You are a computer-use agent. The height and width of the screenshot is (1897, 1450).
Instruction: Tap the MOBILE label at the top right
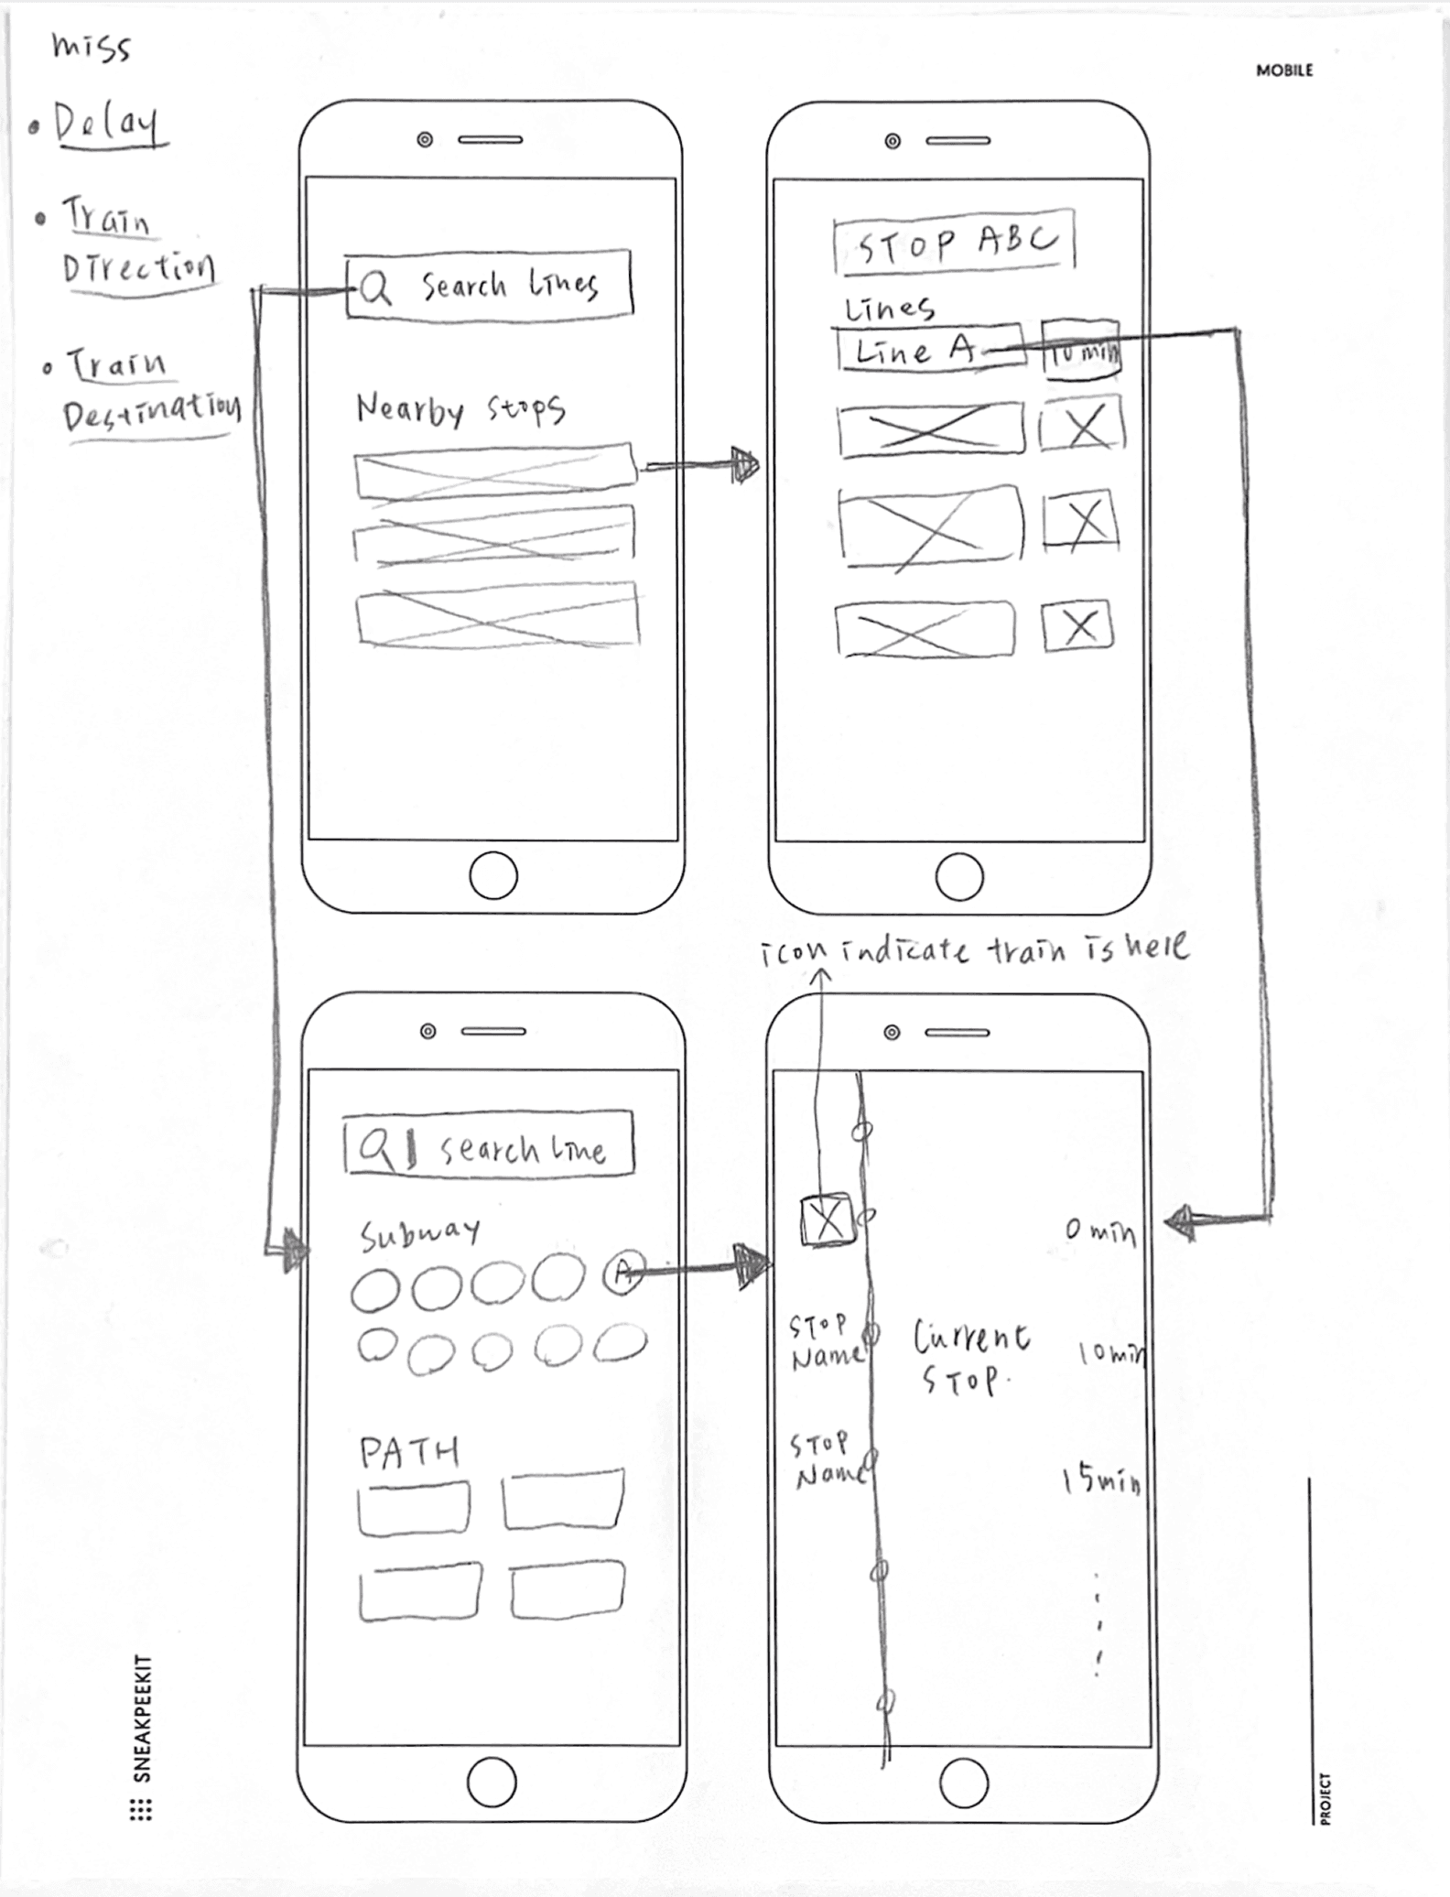click(x=1283, y=70)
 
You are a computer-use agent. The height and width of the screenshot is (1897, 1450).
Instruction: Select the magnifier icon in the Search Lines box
click(x=374, y=288)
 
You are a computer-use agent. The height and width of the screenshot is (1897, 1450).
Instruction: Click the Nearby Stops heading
click(x=460, y=409)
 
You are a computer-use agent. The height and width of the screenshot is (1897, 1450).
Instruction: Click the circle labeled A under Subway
click(x=623, y=1272)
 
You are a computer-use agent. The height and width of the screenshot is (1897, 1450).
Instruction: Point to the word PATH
click(x=408, y=1452)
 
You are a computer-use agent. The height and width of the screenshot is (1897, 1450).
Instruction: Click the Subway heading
click(x=419, y=1235)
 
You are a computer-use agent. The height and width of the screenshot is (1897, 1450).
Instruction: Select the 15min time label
click(x=1101, y=1480)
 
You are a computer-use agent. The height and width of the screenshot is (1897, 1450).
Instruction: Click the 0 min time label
click(x=1099, y=1231)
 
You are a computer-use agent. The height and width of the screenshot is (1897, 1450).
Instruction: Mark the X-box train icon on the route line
click(x=828, y=1220)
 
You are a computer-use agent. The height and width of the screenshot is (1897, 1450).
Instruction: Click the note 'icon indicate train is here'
click(x=974, y=949)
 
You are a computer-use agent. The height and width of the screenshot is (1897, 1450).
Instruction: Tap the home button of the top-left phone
click(x=493, y=876)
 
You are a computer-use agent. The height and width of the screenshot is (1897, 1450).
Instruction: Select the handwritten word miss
click(x=91, y=47)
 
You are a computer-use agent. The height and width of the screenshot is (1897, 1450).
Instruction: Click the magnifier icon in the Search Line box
click(x=375, y=1146)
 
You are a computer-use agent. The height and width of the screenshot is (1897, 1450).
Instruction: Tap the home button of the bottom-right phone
click(x=963, y=1783)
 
